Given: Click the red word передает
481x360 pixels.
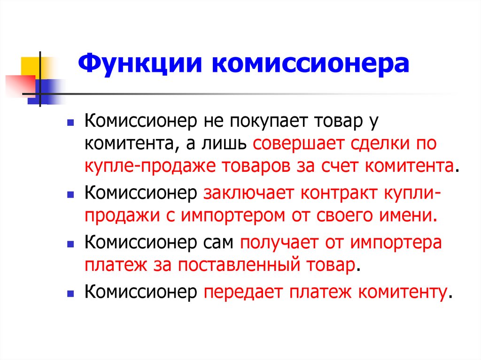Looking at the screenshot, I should (x=242, y=292).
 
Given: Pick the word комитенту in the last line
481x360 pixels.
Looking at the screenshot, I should (x=402, y=292).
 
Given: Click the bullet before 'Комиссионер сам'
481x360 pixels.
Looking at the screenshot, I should (x=70, y=245).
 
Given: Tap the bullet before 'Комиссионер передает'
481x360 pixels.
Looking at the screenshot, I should (x=70, y=293).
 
